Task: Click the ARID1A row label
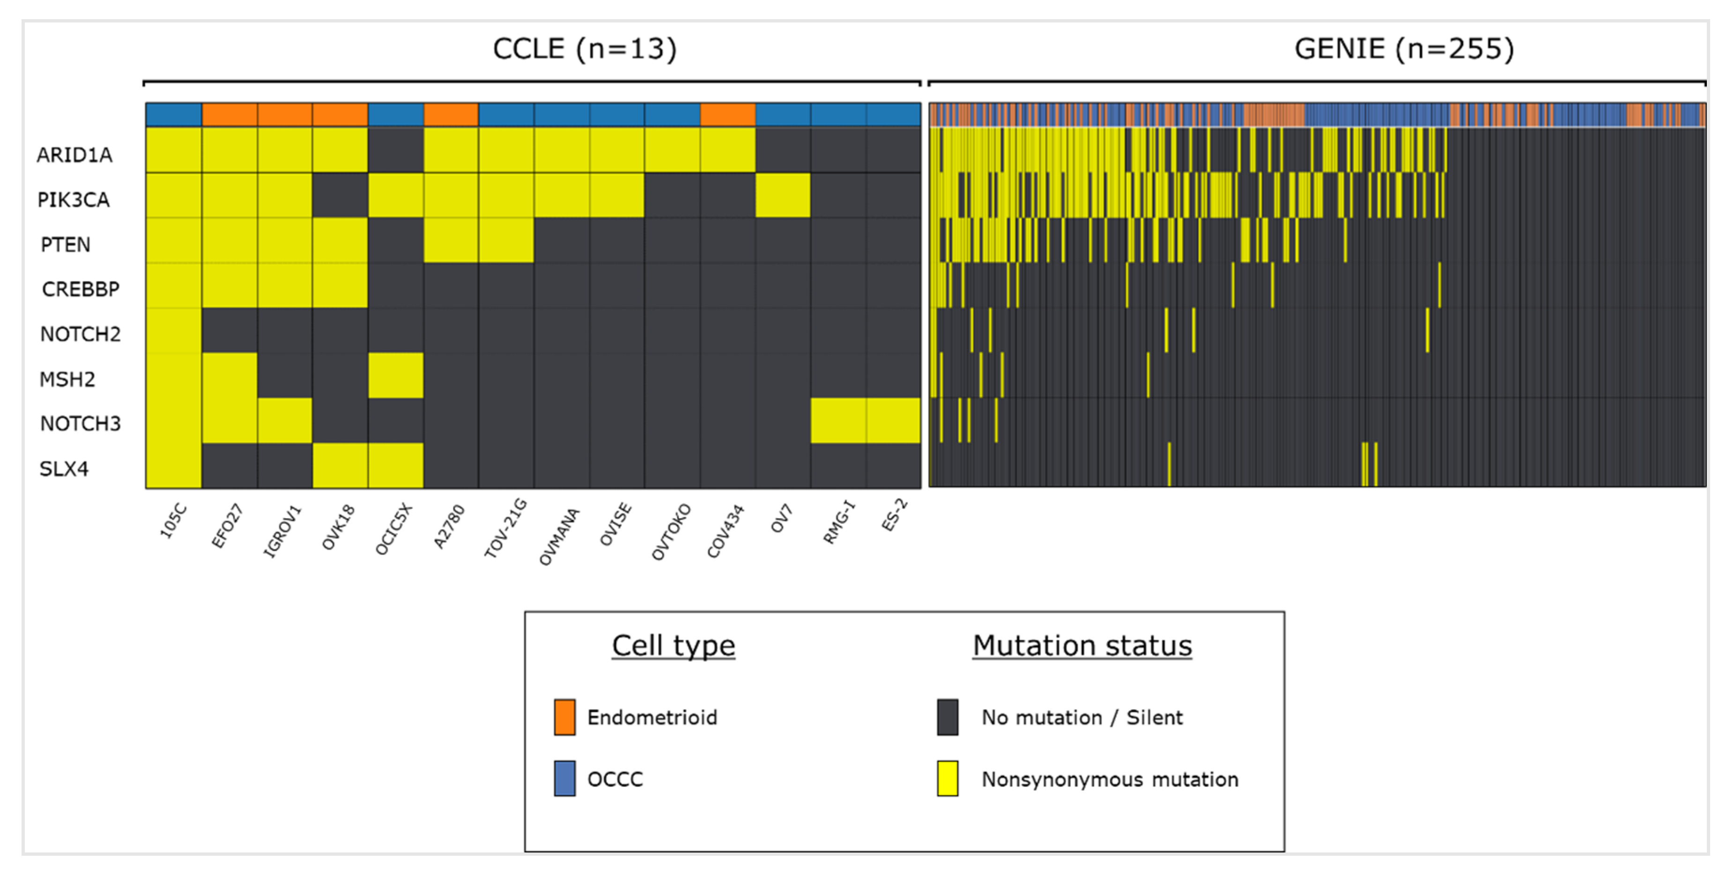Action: tap(74, 155)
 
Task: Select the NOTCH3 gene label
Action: tap(80, 423)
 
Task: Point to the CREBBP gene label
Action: tap(80, 289)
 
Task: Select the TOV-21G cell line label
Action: tap(505, 528)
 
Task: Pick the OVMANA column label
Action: tap(559, 536)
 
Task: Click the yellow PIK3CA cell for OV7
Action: tap(782, 195)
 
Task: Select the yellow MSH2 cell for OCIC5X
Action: tap(396, 375)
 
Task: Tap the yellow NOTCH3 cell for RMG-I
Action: tap(837, 420)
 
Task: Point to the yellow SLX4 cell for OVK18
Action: tap(340, 465)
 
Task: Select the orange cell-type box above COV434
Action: tap(727, 114)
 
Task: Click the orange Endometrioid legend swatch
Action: tap(564, 717)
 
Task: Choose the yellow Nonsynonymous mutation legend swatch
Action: tap(947, 779)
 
